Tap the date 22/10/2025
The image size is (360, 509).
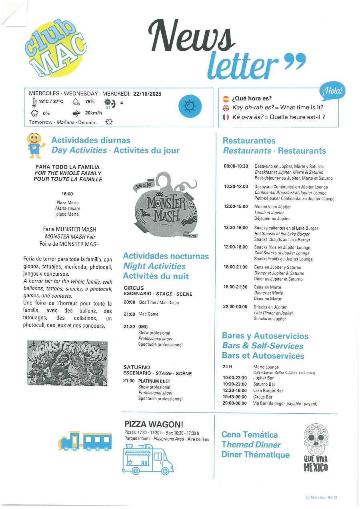(x=147, y=94)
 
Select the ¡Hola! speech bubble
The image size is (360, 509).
(x=332, y=91)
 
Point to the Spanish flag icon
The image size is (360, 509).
(x=226, y=98)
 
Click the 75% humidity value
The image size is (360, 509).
(x=90, y=102)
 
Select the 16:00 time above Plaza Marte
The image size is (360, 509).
(x=67, y=194)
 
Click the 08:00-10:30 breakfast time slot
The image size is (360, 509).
(x=236, y=166)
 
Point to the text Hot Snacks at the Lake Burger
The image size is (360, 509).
(x=282, y=234)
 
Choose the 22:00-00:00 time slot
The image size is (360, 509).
(x=236, y=307)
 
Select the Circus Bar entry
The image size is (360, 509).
(x=263, y=397)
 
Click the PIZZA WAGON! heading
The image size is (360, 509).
(x=148, y=424)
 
